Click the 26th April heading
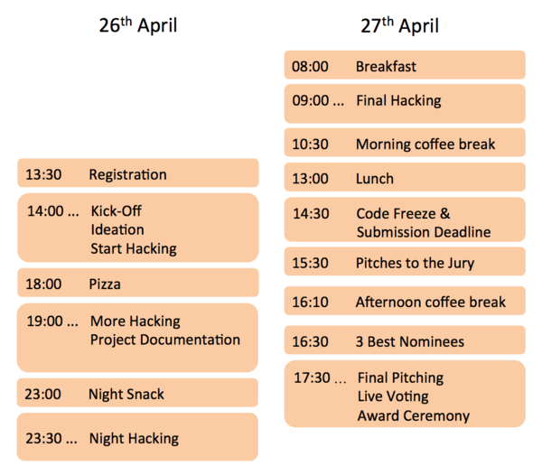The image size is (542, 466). [x=137, y=24]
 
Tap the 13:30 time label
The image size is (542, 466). [x=43, y=174]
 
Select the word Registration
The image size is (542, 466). [x=127, y=174]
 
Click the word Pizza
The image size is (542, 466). [x=105, y=284]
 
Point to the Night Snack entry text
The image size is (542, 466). [x=126, y=394]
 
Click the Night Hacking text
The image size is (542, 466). [x=133, y=438]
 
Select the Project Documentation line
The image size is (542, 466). [x=165, y=340]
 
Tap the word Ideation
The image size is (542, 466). [x=117, y=229]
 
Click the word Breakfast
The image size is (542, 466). [x=386, y=66]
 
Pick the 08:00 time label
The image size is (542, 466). [x=310, y=66]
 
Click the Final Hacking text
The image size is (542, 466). [x=398, y=100]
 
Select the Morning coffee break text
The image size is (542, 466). [x=425, y=144]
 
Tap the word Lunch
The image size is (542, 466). [x=374, y=178]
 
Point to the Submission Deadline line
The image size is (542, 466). [x=423, y=232]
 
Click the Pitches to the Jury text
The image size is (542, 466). [x=415, y=264]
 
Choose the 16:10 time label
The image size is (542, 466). [x=310, y=302]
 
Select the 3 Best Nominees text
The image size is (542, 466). [x=409, y=341]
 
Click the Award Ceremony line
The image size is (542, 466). [x=414, y=415]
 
